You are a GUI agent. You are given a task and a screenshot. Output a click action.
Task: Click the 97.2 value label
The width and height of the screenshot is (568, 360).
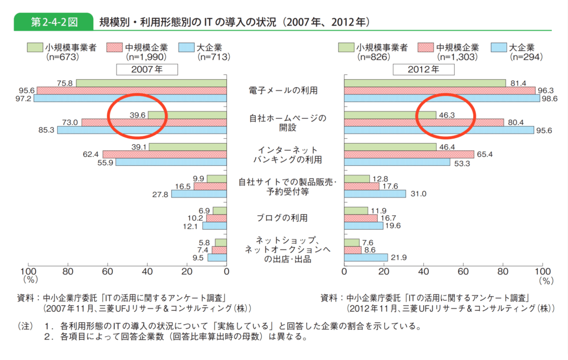tap(23, 98)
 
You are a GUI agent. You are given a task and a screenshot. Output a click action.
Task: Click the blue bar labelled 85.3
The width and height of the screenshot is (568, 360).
tap(141, 130)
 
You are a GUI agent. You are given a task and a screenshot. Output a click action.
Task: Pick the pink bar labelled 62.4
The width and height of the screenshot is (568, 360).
tap(164, 154)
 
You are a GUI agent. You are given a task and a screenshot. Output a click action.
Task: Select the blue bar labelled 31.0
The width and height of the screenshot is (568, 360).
tap(375, 194)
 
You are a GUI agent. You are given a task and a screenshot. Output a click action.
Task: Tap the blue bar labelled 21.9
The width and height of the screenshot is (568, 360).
tap(366, 257)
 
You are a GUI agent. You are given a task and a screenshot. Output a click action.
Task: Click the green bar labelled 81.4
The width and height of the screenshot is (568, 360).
tap(425, 83)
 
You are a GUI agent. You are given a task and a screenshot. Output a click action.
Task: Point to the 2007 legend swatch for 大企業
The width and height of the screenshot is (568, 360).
tap(186, 48)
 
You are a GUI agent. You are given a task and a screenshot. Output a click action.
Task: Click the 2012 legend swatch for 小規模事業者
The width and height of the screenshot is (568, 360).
tap(346, 48)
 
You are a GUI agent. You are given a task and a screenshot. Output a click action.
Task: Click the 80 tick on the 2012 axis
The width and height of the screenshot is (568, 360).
tap(503, 272)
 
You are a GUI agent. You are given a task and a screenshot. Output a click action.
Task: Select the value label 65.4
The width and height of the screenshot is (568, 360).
tap(486, 154)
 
